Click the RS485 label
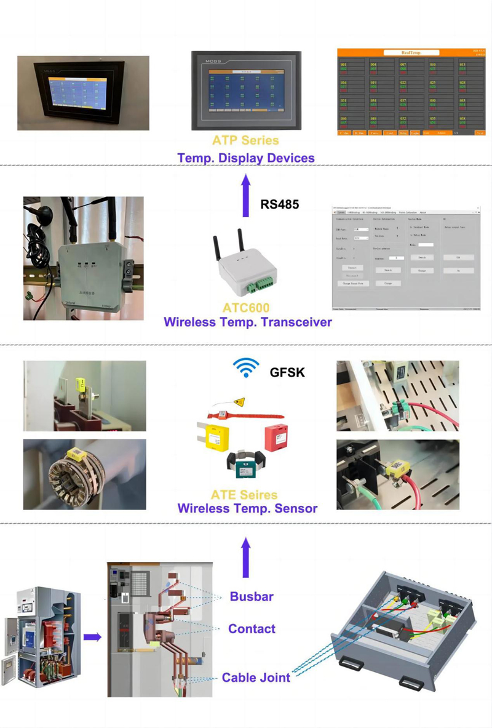[x=280, y=204]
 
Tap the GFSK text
[x=287, y=372]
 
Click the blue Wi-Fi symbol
[x=245, y=368]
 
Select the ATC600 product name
[x=246, y=308]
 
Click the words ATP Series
[x=245, y=141]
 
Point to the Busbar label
[x=252, y=596]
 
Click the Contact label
[x=252, y=628]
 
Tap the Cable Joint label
[x=256, y=678]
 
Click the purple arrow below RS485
[x=246, y=194]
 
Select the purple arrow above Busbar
[x=246, y=557]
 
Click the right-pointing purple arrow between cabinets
[x=92, y=637]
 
